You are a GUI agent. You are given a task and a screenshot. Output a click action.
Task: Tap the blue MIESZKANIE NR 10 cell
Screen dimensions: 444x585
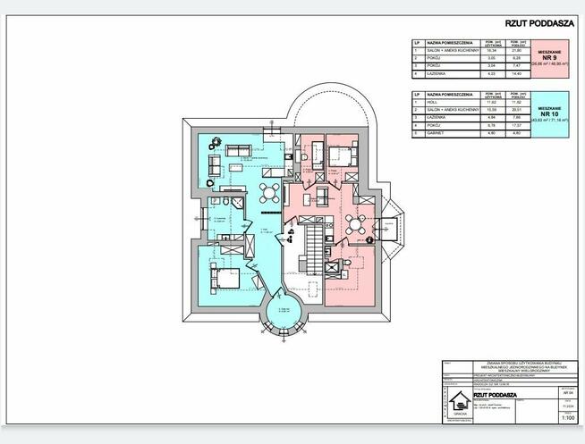pos(555,113)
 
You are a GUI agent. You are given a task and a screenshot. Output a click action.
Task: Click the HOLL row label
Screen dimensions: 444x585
pos(432,104)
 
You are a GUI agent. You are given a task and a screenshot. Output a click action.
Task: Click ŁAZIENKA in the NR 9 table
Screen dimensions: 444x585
pos(437,73)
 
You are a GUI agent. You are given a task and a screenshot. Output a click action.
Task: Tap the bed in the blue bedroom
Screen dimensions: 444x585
pos(225,278)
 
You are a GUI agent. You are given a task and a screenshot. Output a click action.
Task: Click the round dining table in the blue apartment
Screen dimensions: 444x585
pos(269,193)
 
